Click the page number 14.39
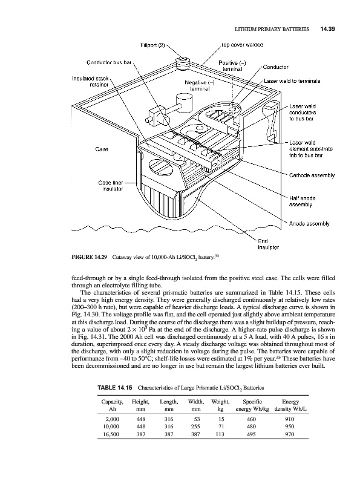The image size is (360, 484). [x=327, y=29]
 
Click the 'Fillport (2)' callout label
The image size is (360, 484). [x=152, y=45]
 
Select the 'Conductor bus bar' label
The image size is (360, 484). [x=109, y=62]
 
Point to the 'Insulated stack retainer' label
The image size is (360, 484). [x=90, y=82]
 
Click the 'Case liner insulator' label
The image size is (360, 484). [x=111, y=186]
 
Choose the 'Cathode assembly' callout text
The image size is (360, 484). [x=312, y=175]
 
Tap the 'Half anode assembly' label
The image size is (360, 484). [x=302, y=201]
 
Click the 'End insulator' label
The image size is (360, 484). [x=268, y=244]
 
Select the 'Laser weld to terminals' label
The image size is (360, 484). [x=292, y=81]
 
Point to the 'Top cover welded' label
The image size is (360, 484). [x=242, y=45]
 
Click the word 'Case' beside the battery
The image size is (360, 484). [x=102, y=149]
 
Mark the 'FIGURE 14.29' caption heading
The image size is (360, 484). [x=89, y=257]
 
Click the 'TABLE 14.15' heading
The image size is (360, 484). [x=115, y=388]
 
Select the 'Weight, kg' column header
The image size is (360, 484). [x=220, y=405]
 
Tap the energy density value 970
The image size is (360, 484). [x=290, y=434]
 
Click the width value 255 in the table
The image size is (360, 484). [x=195, y=427]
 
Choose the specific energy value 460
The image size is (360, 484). [x=251, y=419]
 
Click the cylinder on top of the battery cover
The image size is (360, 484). [x=184, y=101]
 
